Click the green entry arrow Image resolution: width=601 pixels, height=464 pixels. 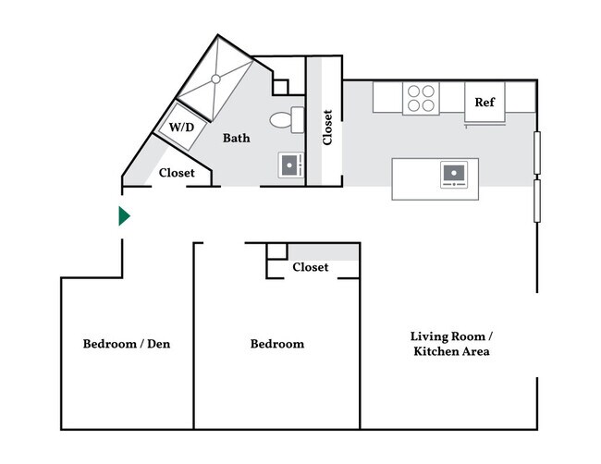point(124,216)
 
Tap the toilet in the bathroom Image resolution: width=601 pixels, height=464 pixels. point(287,120)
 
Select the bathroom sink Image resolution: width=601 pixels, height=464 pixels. point(291,165)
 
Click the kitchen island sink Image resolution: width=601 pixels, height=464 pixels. point(454,175)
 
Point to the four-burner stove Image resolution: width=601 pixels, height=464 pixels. point(421,98)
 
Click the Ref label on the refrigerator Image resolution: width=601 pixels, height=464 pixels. point(484,102)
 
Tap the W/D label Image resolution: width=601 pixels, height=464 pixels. point(181,127)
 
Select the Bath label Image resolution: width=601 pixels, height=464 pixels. point(237,138)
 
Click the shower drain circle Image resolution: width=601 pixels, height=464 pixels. point(215,79)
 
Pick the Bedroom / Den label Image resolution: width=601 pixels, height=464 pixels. point(127,344)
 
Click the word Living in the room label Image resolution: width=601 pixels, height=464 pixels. point(428,336)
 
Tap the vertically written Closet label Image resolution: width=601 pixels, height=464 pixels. point(327,128)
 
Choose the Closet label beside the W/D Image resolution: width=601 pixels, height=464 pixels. point(177,173)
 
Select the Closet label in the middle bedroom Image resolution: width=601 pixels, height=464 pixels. point(311,267)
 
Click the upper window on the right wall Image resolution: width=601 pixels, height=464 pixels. point(537,153)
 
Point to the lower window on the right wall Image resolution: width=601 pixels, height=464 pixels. point(537,201)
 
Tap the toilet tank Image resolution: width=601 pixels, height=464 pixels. point(298,120)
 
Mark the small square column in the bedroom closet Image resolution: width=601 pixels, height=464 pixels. point(277,251)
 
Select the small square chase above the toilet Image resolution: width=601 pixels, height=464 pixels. point(280,88)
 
